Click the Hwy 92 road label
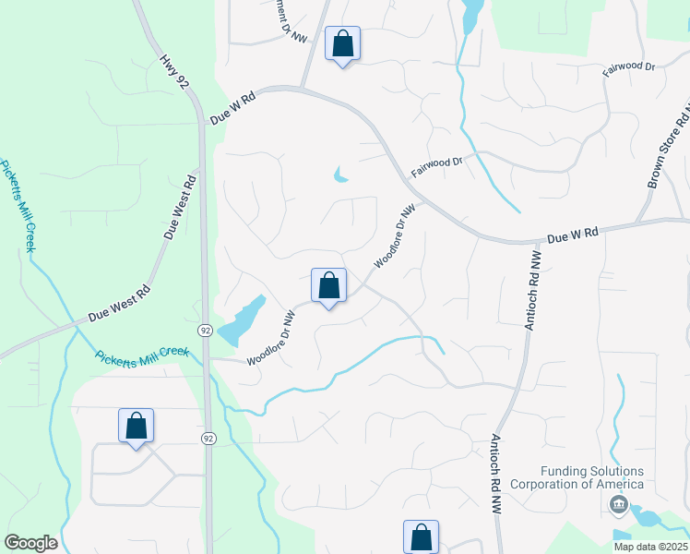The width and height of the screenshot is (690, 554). (x=175, y=72)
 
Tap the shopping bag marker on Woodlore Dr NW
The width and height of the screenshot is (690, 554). (x=328, y=285)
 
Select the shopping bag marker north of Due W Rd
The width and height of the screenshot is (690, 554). (x=342, y=43)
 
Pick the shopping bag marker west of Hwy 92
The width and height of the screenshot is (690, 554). (x=136, y=426)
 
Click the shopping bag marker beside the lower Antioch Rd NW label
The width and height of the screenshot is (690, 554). (x=421, y=536)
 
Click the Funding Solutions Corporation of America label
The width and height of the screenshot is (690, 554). (x=577, y=477)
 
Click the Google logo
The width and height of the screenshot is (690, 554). (x=30, y=543)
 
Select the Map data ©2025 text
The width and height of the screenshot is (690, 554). (x=649, y=547)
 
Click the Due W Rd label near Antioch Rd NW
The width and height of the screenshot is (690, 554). (x=573, y=235)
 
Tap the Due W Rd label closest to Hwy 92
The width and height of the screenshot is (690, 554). (x=232, y=108)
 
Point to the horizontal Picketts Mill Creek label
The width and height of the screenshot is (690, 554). (x=142, y=353)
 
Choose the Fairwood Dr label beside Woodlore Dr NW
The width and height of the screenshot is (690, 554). (x=435, y=166)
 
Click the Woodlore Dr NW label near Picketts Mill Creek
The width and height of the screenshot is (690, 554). (x=270, y=338)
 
